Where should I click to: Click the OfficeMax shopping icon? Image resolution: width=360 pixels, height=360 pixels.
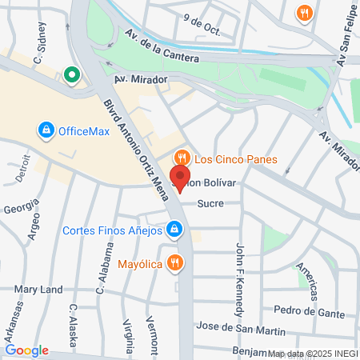(46, 130)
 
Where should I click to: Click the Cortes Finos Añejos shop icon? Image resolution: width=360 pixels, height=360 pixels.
(174, 231)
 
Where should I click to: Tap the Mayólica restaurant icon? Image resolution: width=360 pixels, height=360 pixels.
(175, 262)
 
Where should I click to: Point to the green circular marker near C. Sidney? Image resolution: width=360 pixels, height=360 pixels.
(71, 76)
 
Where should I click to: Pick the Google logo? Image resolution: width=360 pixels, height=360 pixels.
(26, 350)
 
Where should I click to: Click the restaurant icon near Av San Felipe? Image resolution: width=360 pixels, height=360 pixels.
(304, 13)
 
